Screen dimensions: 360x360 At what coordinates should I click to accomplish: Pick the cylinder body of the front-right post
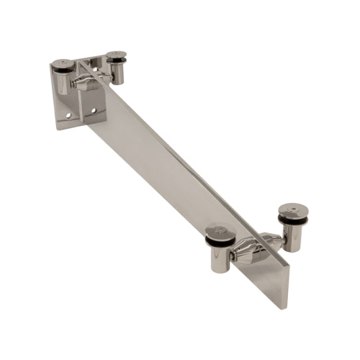point(292,238)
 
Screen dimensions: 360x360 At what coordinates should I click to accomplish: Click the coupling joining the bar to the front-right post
point(272,240)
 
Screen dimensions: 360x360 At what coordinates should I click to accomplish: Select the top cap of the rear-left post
point(63,65)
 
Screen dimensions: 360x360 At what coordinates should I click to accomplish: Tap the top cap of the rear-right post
point(115,55)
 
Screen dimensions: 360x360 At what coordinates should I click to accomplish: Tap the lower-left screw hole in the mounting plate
point(69,114)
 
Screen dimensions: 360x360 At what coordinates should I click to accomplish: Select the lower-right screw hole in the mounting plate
point(92,110)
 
